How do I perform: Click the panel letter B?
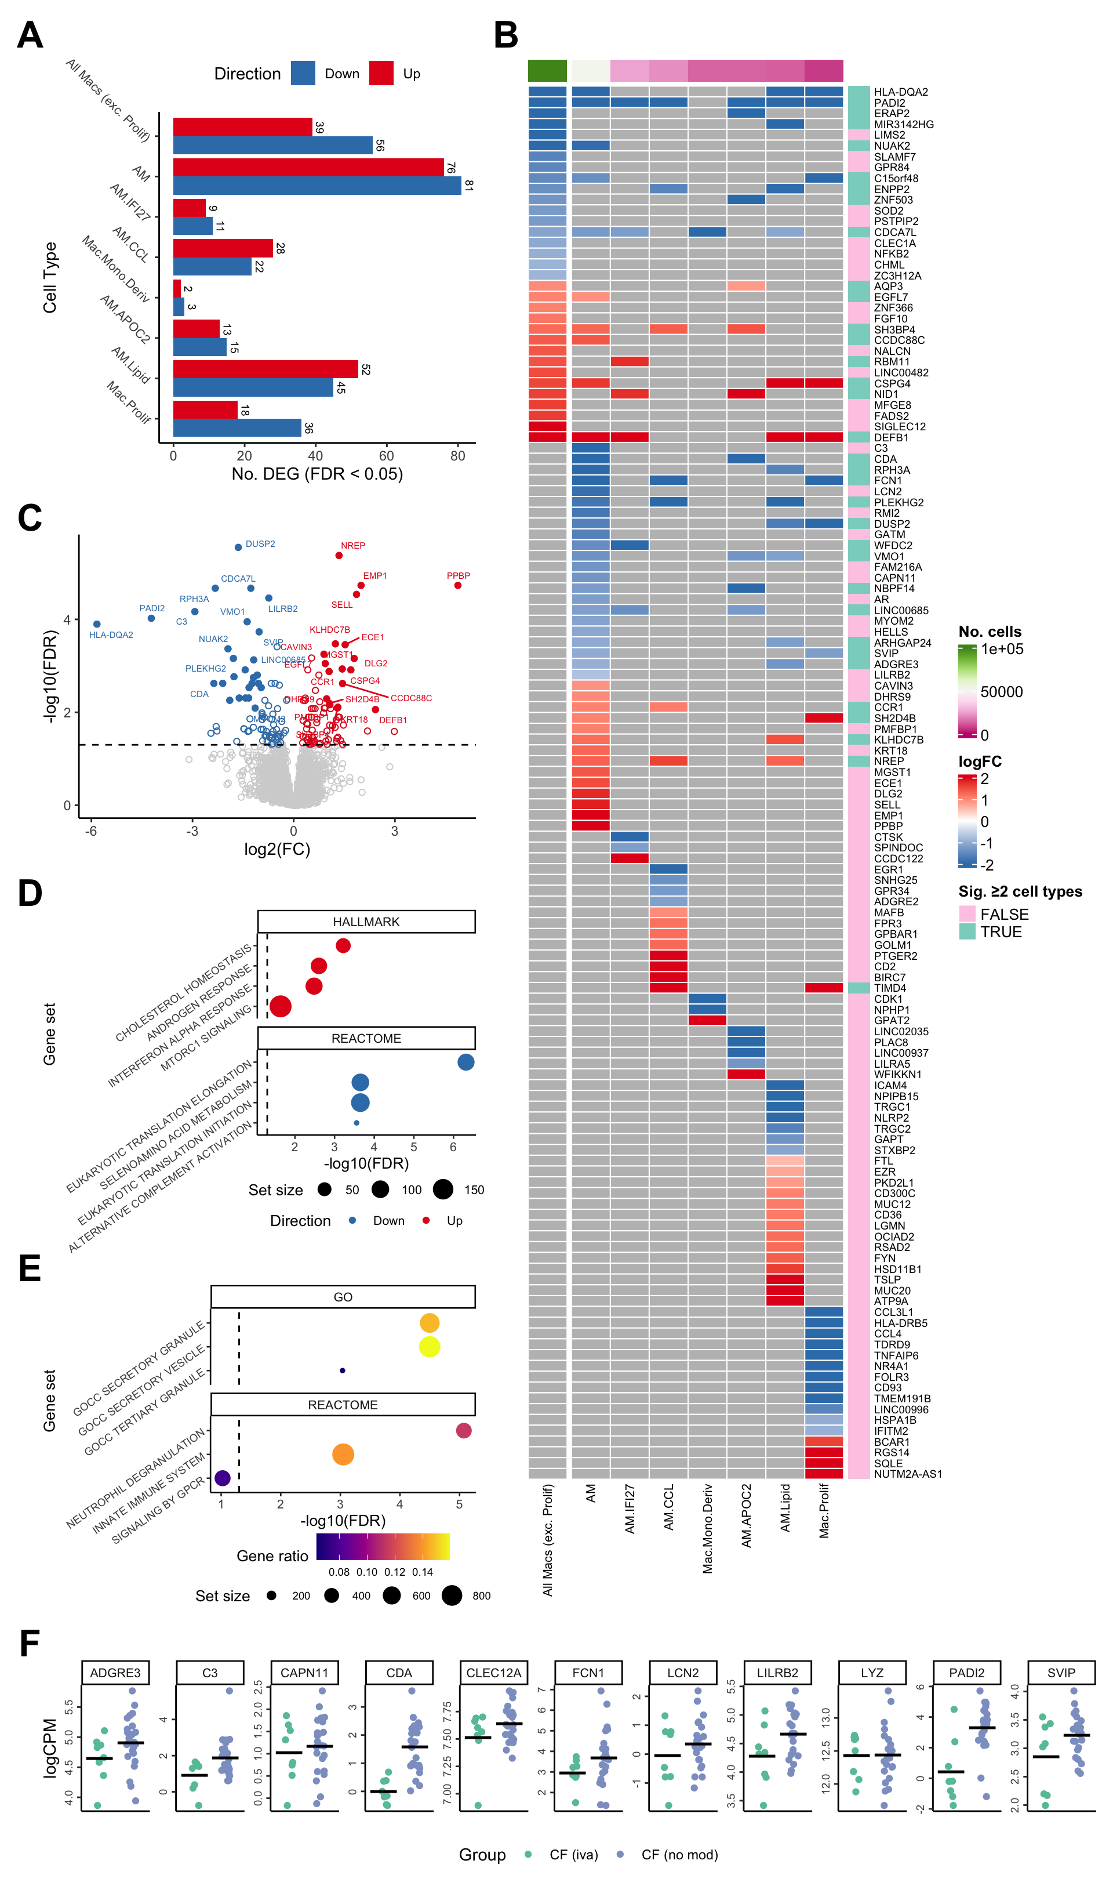tap(506, 35)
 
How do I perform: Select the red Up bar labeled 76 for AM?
tap(308, 167)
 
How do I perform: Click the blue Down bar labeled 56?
tap(272, 145)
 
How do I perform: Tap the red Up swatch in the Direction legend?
tap(381, 74)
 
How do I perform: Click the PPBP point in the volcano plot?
tap(457, 585)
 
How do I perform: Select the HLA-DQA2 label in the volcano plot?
tap(111, 634)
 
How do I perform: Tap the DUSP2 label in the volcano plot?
tap(260, 544)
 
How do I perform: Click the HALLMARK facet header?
tap(366, 922)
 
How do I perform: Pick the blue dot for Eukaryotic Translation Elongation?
tap(465, 1061)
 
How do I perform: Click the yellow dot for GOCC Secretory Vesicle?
tap(429, 1347)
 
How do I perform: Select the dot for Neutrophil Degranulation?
tap(463, 1430)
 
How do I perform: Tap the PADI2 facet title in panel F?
tap(966, 1673)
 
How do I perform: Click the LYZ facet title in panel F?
tap(872, 1673)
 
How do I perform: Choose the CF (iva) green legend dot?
tap(528, 1854)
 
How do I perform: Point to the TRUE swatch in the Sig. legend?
tap(967, 931)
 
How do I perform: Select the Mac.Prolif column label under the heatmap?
tap(824, 1510)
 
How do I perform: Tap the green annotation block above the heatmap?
tap(547, 71)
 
